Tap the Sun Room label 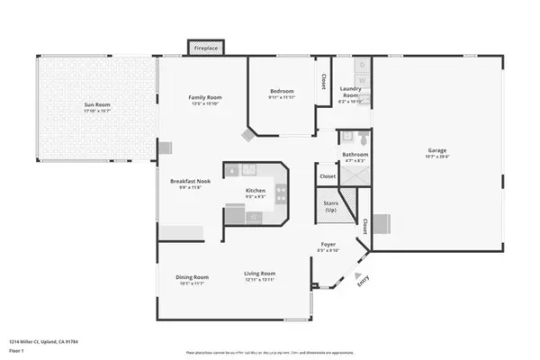(97, 105)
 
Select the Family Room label (205, 97)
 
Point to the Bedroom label (282, 91)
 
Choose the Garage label (437, 150)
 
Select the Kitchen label (256, 190)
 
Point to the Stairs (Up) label (330, 206)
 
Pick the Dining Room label (192, 277)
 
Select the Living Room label (260, 274)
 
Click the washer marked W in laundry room (361, 79)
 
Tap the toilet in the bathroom (360, 139)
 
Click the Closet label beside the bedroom (322, 82)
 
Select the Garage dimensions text (437, 157)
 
